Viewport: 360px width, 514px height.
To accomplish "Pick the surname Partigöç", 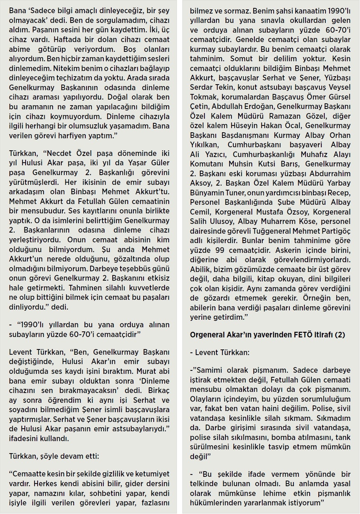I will click(x=334, y=231).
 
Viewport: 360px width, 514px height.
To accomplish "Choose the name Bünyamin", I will click(x=206, y=193).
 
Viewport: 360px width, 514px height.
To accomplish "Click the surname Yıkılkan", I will click(x=204, y=145).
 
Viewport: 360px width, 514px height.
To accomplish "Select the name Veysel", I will click(x=339, y=87).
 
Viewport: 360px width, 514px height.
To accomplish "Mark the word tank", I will click(x=343, y=437).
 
